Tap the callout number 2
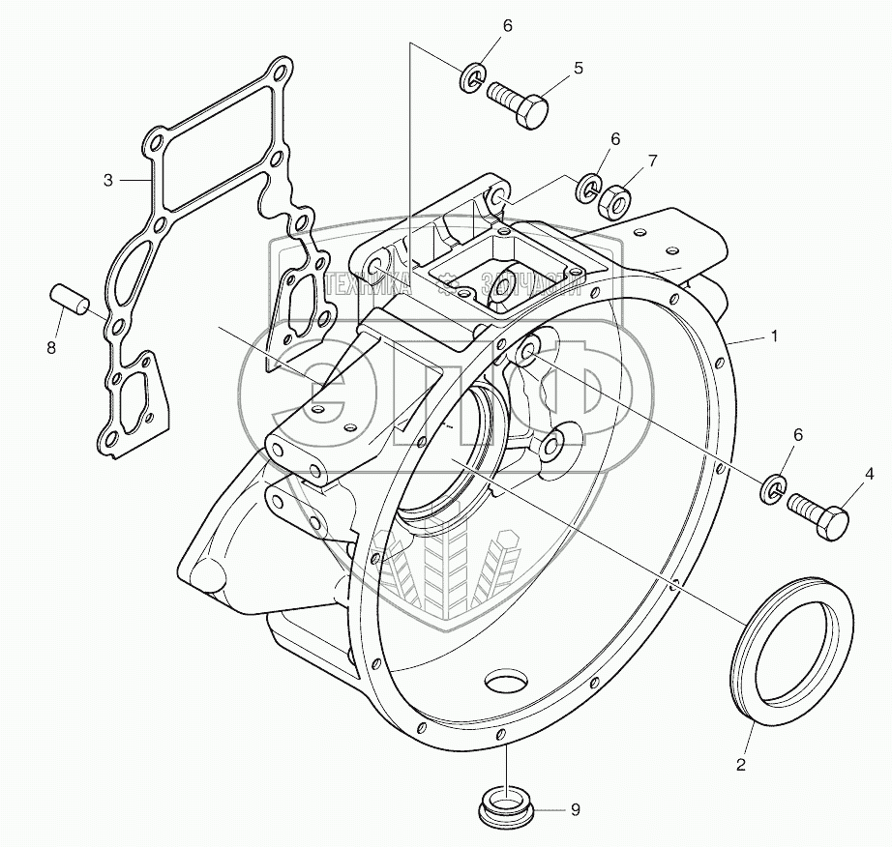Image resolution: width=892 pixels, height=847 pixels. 741,765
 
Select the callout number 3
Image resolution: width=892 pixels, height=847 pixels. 109,180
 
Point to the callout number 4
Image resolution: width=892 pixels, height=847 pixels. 869,474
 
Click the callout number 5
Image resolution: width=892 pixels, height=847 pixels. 578,68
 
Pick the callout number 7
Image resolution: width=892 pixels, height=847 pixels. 652,161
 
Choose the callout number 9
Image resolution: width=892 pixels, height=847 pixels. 575,810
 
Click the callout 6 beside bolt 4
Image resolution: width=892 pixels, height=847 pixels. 798,436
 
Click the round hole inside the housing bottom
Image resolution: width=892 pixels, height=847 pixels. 506,685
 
